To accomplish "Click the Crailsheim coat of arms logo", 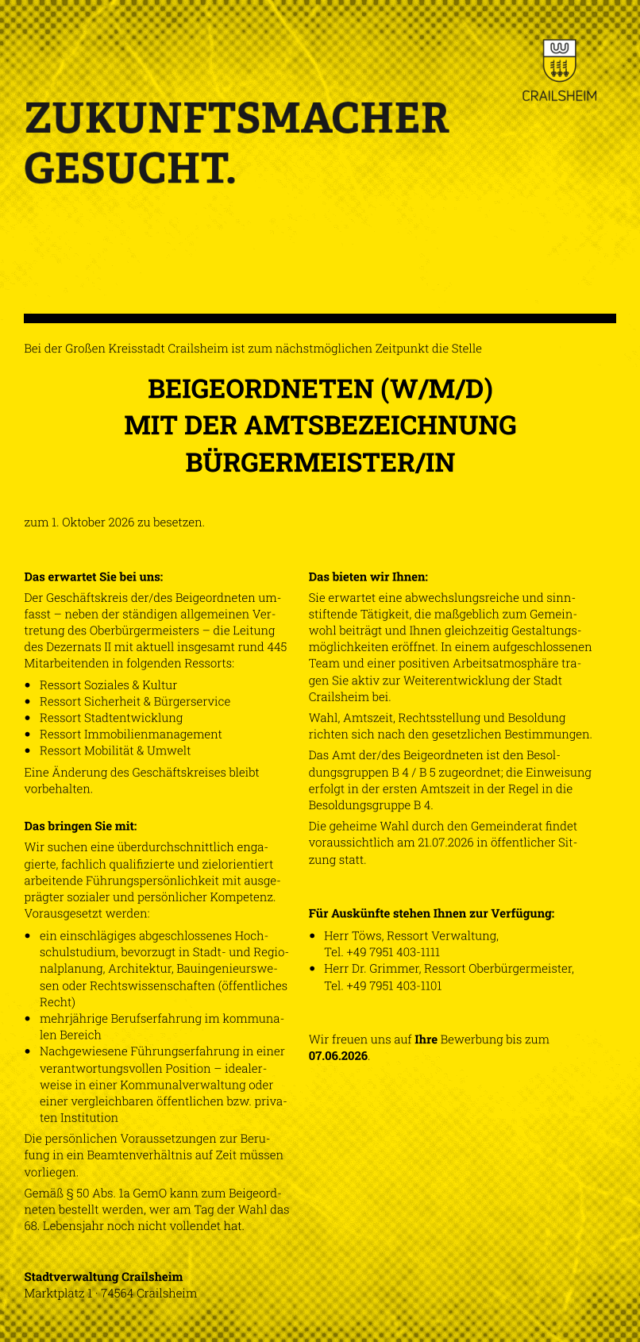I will (x=559, y=60).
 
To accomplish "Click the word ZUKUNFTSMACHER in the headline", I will (x=237, y=119).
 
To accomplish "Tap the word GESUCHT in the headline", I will (x=130, y=168).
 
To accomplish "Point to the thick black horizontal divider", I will (x=320, y=318).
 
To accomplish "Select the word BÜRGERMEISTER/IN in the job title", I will (x=320, y=462).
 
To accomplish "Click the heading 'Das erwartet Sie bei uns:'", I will (x=94, y=577).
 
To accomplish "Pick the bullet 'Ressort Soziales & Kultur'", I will (x=108, y=685).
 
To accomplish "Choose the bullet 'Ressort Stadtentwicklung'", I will (x=111, y=718).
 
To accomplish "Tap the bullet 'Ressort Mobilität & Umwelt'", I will (x=115, y=750).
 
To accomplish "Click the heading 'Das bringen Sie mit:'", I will (x=80, y=827).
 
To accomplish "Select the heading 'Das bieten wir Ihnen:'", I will (x=368, y=577).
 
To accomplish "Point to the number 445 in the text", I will (x=277, y=647).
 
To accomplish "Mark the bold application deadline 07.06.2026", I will (x=338, y=1055).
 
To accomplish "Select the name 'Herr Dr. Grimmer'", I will (x=371, y=969).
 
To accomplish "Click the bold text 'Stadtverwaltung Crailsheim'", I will (x=103, y=1277).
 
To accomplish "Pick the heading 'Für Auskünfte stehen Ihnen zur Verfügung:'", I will (x=431, y=914).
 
